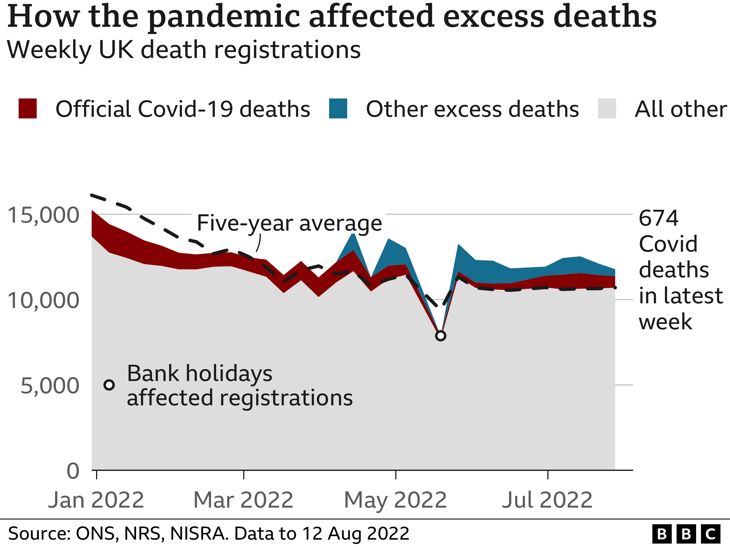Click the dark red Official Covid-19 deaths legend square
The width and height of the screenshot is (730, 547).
point(27,109)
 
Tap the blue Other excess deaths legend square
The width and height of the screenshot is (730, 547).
point(338,109)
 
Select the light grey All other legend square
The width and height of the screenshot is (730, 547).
point(607,109)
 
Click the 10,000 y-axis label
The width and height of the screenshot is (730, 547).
point(43,300)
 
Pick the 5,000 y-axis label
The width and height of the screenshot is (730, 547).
point(50,386)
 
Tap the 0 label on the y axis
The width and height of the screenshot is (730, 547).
point(73,471)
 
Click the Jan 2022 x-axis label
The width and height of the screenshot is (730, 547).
point(96,500)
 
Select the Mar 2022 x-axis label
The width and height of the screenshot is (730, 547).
point(243,500)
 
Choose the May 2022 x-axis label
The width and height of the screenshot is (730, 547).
point(395,500)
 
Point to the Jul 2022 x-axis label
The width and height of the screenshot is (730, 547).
point(547,500)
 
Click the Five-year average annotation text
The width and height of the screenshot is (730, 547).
point(289,223)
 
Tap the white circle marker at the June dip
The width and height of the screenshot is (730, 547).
point(441,336)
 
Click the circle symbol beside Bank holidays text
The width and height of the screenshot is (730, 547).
point(109,385)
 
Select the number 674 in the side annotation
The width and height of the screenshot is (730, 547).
point(658,218)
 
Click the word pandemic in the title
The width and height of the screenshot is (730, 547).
point(224,16)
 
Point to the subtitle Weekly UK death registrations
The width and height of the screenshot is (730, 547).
point(183,50)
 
